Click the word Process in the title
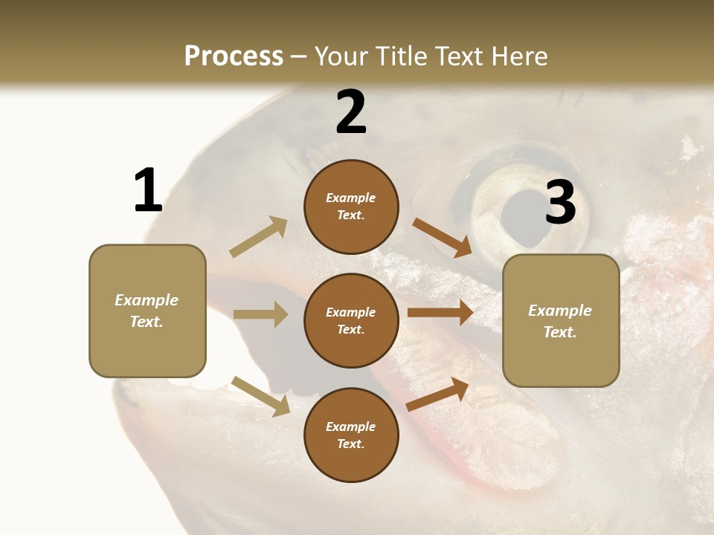[234, 56]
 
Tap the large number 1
[148, 191]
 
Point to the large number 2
[351, 112]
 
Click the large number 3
[561, 202]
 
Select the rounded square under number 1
[147, 311]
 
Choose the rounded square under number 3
[561, 321]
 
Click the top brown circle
[351, 207]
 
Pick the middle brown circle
[351, 320]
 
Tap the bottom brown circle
[351, 435]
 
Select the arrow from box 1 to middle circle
[260, 314]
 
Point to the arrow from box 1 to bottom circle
[261, 396]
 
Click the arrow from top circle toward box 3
[441, 237]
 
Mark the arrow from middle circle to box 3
[440, 313]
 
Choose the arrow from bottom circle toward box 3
[438, 395]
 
